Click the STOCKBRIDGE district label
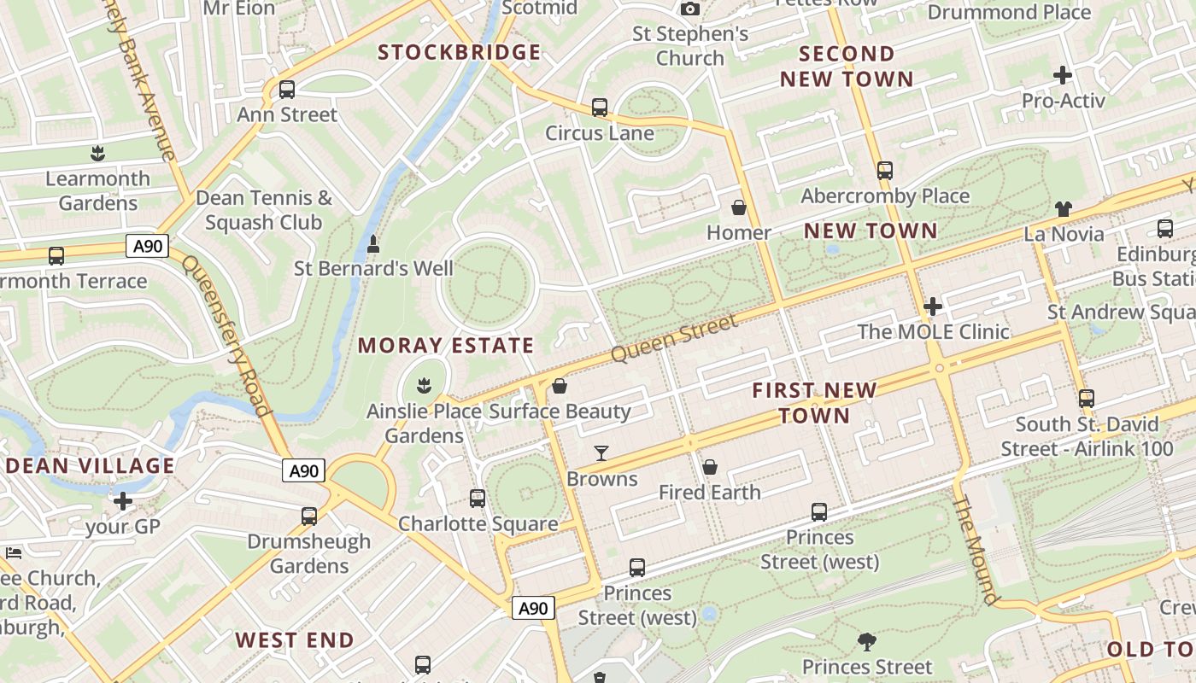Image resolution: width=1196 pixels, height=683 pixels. click(460, 53)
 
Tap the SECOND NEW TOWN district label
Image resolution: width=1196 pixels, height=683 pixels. click(847, 67)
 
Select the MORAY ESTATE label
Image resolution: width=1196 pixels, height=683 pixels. click(446, 346)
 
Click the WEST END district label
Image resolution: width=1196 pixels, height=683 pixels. click(295, 640)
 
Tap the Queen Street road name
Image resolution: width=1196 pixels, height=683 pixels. click(674, 338)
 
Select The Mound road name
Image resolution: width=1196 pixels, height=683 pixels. click(975, 551)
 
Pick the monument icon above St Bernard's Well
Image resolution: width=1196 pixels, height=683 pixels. click(373, 245)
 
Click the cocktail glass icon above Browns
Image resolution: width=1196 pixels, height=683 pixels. click(601, 453)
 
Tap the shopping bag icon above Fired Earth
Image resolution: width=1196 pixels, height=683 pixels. click(709, 467)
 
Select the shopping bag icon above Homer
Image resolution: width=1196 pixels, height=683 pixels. click(739, 207)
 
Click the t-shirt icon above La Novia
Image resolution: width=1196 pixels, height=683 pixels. click(1063, 208)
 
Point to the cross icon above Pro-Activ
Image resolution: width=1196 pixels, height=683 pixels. click(1063, 75)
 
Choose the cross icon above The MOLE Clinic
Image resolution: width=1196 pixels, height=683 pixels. click(933, 306)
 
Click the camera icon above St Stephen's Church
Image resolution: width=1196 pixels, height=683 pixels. click(690, 9)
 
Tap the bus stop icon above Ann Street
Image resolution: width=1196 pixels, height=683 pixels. click(287, 90)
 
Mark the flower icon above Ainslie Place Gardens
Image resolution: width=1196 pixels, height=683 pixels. click(424, 386)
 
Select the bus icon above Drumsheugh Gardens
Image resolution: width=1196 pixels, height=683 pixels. click(309, 516)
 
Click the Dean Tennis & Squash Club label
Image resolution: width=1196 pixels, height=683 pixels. click(264, 210)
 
